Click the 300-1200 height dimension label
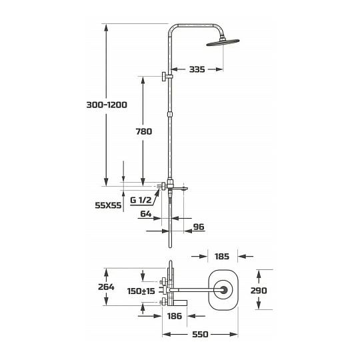click(107, 105)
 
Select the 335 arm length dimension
click(197, 69)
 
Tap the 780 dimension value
click(144, 131)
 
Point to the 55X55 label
click(108, 205)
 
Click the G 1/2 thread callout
click(141, 200)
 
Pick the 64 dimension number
click(146, 214)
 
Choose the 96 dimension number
click(199, 227)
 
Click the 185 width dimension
click(222, 257)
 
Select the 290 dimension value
click(259, 291)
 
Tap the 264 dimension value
click(106, 287)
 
